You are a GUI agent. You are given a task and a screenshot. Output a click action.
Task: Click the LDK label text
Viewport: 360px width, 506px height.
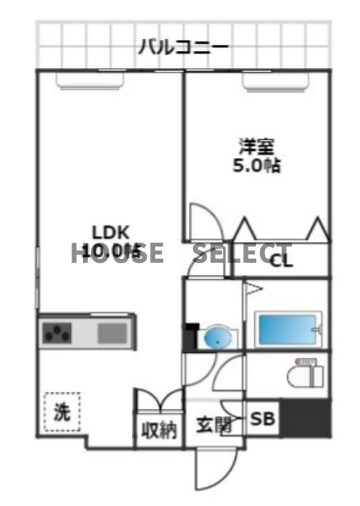pos(110,232)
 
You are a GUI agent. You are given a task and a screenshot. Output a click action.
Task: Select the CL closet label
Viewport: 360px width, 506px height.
pos(281,261)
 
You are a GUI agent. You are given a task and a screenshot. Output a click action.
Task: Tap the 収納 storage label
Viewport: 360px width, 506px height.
pos(158,432)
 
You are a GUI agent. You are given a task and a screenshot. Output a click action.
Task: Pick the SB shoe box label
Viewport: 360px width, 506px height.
pos(262,421)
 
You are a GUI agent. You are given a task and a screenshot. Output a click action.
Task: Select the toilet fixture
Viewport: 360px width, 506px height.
pos(305,374)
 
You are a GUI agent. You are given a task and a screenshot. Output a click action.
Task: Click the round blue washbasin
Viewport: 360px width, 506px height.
pos(218,337)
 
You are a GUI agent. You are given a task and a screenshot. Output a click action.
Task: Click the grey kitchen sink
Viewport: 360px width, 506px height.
pos(112,333)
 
